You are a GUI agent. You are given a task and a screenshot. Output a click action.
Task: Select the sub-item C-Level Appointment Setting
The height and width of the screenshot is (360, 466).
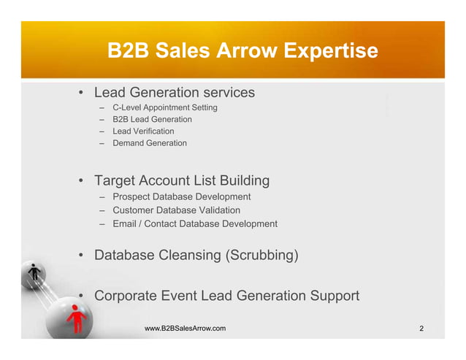[x=164, y=107]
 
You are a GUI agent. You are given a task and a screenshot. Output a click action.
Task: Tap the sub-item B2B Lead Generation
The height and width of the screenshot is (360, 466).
[x=152, y=119]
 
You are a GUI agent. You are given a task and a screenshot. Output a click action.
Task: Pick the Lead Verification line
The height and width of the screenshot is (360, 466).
[x=143, y=131]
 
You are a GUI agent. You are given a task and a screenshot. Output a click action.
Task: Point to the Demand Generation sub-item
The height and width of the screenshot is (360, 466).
[x=150, y=143]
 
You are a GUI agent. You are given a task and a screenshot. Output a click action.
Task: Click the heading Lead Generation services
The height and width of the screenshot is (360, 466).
[x=175, y=93]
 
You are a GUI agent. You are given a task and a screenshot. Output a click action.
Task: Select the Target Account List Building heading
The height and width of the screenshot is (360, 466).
[x=182, y=180]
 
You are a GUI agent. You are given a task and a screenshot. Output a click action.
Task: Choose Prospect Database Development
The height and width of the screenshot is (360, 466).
[x=181, y=196]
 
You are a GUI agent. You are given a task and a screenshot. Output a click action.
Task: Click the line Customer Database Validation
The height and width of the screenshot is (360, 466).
[x=176, y=210]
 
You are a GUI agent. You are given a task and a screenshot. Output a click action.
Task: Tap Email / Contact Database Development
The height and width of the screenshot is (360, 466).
[x=194, y=223]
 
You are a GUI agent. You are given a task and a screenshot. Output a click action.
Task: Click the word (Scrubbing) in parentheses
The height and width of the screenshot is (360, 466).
[x=263, y=256]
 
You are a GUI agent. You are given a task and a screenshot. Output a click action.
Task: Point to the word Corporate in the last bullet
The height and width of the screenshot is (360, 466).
[x=128, y=296]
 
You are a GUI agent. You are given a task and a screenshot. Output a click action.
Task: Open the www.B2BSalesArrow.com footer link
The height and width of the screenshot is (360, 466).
[x=185, y=330]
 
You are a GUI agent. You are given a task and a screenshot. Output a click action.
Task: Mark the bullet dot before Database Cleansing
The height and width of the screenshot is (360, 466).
[x=83, y=256]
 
